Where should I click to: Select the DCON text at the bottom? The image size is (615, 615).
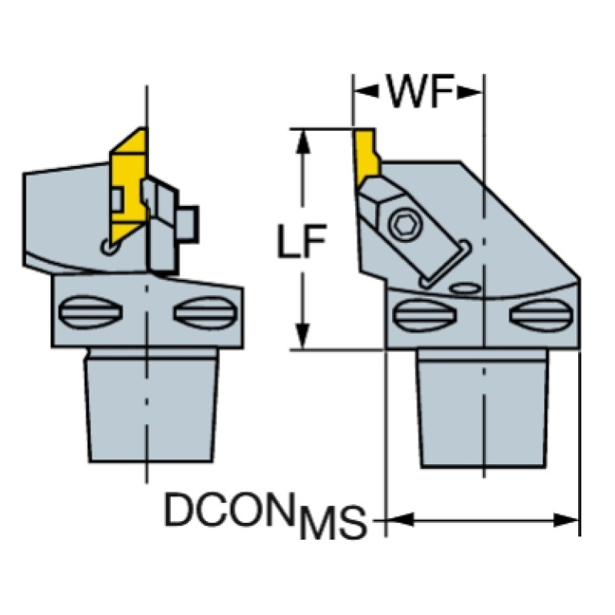point(229,509)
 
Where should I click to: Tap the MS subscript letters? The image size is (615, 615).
point(332,524)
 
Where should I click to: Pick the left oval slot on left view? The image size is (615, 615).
point(91,312)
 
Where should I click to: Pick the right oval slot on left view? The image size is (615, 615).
point(205,313)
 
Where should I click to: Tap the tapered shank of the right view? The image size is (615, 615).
point(484,409)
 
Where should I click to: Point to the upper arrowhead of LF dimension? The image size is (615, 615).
point(302,142)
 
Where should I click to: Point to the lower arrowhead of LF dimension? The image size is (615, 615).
point(302,336)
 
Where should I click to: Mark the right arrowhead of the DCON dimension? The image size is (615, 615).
point(566,520)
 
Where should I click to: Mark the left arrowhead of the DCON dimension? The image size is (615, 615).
point(401,520)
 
